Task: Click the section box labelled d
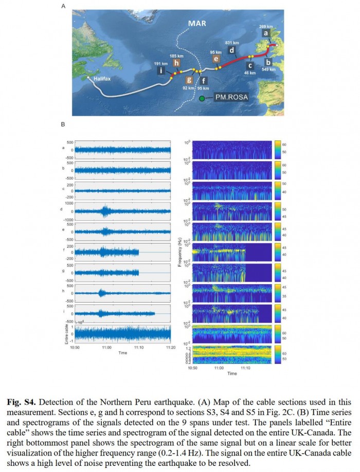pos(232,50)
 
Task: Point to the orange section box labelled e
pos(217,59)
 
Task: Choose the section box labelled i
pos(163,71)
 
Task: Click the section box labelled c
pos(250,65)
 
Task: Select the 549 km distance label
pos(269,68)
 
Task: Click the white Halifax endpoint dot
pos(88,78)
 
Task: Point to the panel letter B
pos(63,124)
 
